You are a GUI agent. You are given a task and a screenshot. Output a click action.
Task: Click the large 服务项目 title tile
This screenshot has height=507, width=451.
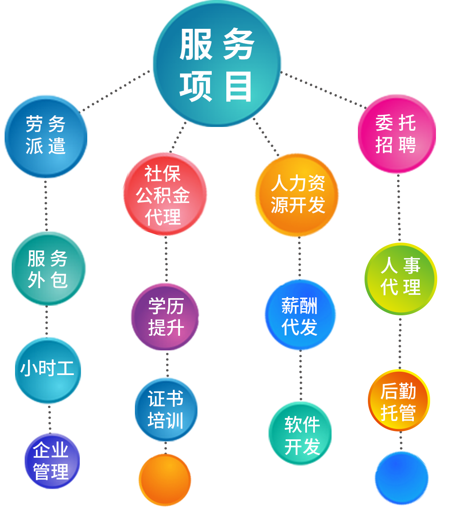click(x=217, y=63)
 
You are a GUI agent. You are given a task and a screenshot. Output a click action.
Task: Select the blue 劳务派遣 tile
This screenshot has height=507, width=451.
click(x=46, y=137)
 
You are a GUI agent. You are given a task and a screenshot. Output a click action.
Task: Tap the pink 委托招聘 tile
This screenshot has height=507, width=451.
click(x=397, y=134)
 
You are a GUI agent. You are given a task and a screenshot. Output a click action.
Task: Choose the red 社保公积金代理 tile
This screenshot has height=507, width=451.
click(x=165, y=194)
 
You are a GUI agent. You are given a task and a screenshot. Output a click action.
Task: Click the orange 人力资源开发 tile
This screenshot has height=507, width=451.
click(x=296, y=195)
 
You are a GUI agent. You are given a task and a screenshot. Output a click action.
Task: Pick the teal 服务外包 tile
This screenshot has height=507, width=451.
click(x=49, y=269)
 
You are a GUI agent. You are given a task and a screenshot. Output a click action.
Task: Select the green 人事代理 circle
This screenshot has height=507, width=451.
click(x=401, y=279)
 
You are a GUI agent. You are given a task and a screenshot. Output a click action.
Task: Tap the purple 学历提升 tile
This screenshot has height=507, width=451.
click(x=165, y=317)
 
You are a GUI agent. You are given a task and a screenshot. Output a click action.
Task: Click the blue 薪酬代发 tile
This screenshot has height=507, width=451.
click(x=300, y=315)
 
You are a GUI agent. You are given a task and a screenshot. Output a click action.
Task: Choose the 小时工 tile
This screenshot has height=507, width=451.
click(x=48, y=370)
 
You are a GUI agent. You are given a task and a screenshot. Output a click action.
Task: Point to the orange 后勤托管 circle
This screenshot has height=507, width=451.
click(x=399, y=401)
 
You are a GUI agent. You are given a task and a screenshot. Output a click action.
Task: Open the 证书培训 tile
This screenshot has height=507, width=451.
click(x=166, y=409)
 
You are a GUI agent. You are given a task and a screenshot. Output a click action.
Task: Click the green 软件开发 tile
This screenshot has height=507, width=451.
click(x=300, y=433)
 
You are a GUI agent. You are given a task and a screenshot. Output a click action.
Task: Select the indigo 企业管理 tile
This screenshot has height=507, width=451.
click(x=52, y=461)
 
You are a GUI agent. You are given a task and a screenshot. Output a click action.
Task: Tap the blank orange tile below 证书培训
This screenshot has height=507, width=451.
click(x=165, y=480)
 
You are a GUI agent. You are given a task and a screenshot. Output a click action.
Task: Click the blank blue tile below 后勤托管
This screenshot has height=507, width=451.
click(x=402, y=478)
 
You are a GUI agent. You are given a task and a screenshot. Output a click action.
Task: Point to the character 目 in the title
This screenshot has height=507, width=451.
click(x=238, y=87)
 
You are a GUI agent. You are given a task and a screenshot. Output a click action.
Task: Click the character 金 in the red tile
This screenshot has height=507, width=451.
click(x=181, y=195)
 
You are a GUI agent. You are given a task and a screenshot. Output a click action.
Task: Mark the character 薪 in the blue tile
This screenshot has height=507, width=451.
click(x=290, y=306)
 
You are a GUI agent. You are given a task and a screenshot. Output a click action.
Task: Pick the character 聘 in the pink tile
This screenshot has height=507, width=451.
click(x=407, y=145)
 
